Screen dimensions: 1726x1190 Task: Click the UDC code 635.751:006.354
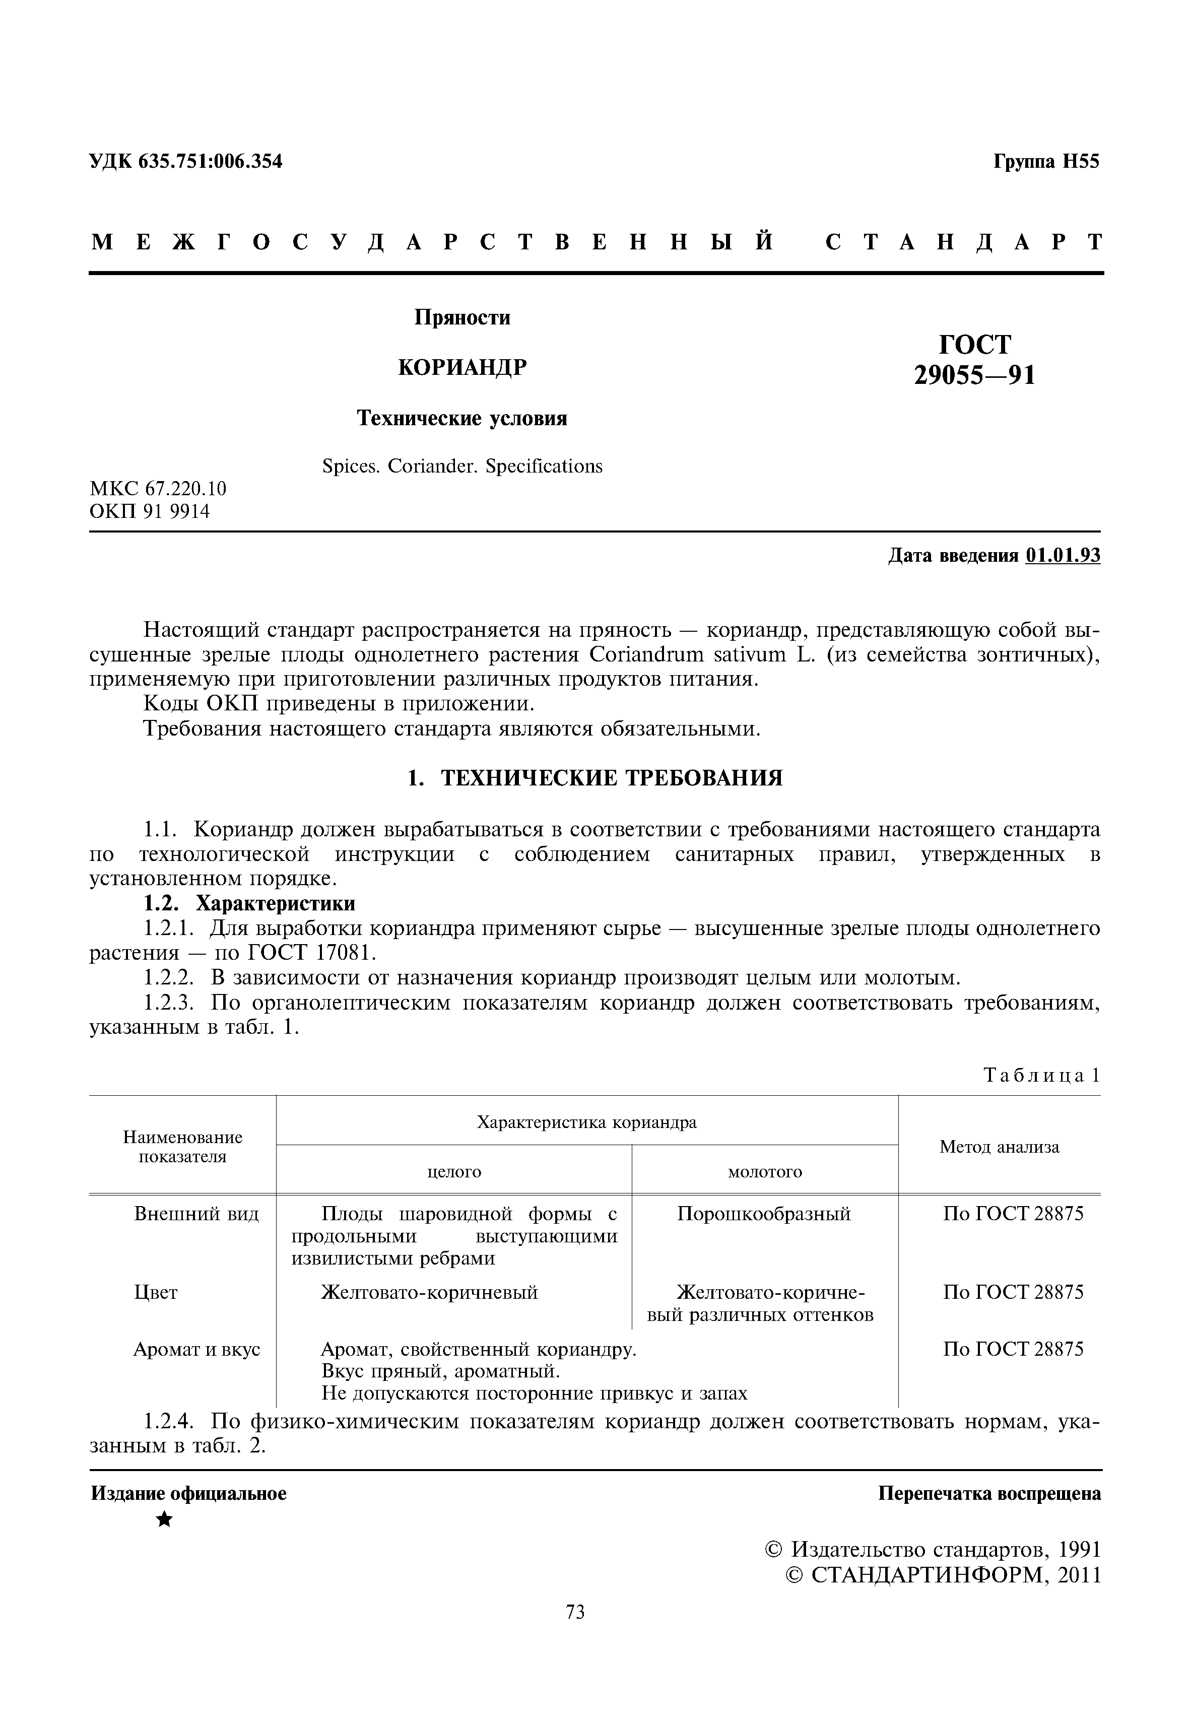pos(210,161)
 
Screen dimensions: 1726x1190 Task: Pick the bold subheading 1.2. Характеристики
pos(249,904)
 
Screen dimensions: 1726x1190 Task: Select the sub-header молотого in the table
pos(764,1172)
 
